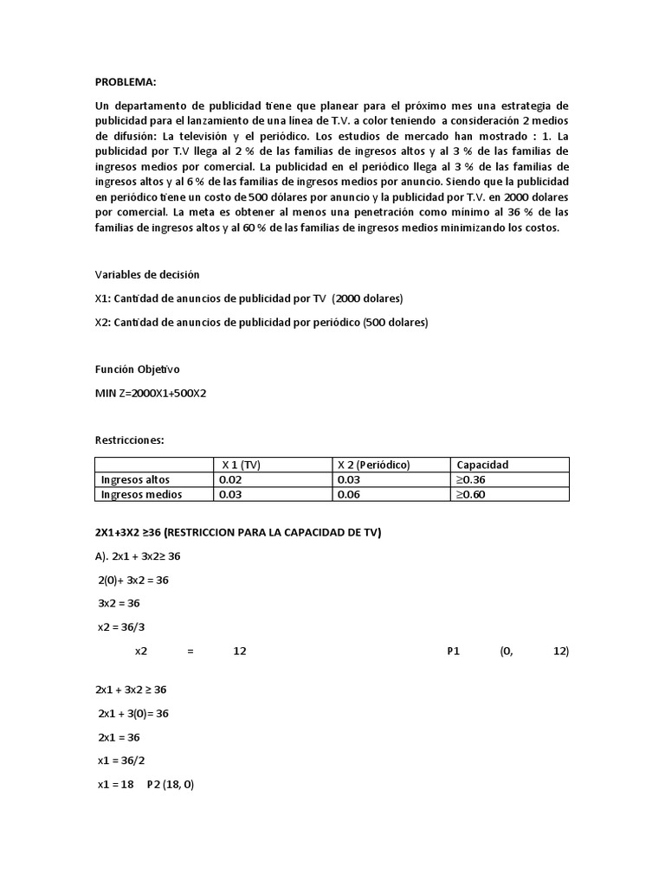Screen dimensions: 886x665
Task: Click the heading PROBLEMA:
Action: click(x=126, y=82)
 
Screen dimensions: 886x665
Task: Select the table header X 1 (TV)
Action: click(x=242, y=465)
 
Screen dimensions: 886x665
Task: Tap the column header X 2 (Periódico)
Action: click(x=373, y=465)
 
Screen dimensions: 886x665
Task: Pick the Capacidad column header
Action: click(x=482, y=465)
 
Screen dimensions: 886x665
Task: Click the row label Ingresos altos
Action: click(x=136, y=479)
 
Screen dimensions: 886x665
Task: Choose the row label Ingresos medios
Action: click(x=140, y=495)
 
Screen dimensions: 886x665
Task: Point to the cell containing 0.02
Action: click(x=230, y=479)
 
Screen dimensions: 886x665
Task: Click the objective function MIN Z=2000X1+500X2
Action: click(x=151, y=393)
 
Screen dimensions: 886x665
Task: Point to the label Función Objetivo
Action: click(x=137, y=369)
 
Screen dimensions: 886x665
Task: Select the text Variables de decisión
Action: click(x=147, y=274)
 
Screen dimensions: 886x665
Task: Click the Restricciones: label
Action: click(x=129, y=440)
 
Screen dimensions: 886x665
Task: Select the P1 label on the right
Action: click(x=453, y=652)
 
